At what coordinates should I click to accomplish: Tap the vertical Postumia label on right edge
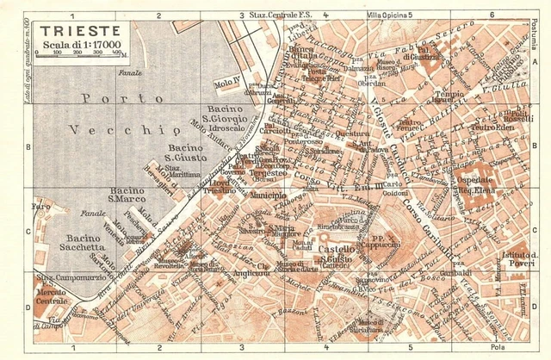click(x=538, y=34)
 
